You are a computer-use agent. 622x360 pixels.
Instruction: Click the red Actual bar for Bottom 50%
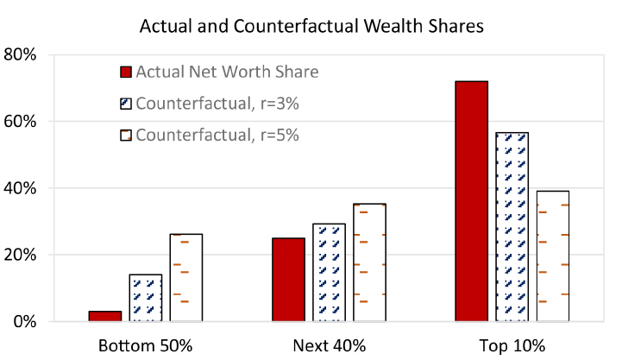105,316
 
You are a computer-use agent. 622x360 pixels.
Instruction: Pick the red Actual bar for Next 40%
289,280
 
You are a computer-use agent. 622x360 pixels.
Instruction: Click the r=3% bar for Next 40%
329,273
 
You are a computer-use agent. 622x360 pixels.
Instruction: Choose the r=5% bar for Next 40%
369,262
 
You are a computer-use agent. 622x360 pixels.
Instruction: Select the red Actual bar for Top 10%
472,201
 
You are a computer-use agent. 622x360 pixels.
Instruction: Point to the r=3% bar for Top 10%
512,227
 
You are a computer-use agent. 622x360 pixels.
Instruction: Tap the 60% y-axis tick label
21,122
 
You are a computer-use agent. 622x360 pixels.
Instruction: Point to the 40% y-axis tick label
21,188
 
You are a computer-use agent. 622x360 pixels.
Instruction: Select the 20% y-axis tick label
21,256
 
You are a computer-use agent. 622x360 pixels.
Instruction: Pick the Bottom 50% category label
145,346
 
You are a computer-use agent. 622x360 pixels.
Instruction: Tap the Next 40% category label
329,346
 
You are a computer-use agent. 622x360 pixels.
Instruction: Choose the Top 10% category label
512,346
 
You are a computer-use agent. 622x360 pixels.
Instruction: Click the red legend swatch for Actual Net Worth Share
126,72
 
